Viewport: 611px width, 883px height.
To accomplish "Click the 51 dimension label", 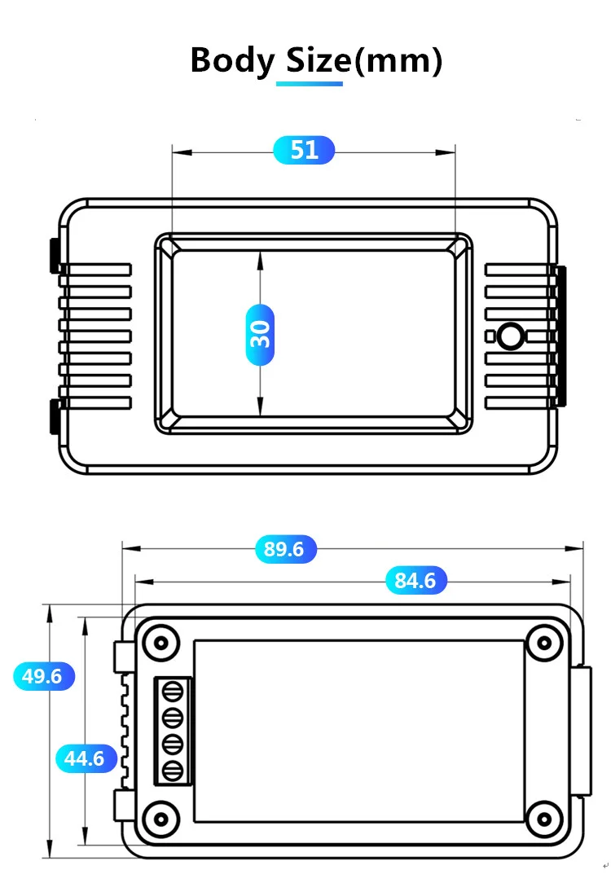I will pyautogui.click(x=304, y=150).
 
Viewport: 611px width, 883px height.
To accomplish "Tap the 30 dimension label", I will pyautogui.click(x=260, y=334).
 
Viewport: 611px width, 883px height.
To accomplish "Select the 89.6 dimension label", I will pyautogui.click(x=284, y=550).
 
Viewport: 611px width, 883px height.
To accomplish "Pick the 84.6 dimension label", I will pyautogui.click(x=415, y=581).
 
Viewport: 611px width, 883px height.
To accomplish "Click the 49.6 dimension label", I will pyautogui.click(x=43, y=676).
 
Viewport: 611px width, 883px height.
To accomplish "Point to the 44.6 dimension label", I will pyautogui.click(x=85, y=758).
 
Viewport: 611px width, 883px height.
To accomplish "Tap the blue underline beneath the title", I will pyautogui.click(x=310, y=83).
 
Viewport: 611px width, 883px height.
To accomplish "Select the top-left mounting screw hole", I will pyautogui.click(x=161, y=642).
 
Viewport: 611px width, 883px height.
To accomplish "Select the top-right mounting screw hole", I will pyautogui.click(x=541, y=642).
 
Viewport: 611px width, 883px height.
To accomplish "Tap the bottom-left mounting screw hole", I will pyautogui.click(x=161, y=817).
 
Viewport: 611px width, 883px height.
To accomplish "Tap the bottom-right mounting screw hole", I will pyautogui.click(x=541, y=817).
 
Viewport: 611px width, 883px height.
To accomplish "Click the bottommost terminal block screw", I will pyautogui.click(x=172, y=771).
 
